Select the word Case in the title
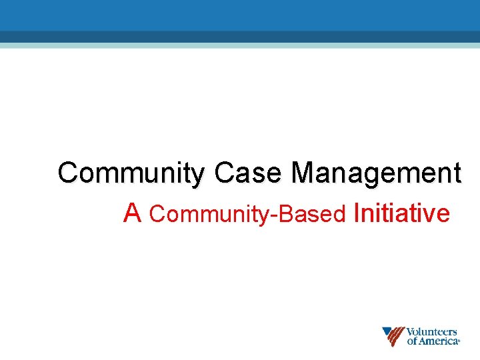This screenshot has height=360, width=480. click(x=249, y=173)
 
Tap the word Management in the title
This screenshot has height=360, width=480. click(x=375, y=173)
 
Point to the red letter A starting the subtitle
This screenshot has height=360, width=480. click(x=133, y=213)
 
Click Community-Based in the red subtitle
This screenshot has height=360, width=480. click(x=247, y=214)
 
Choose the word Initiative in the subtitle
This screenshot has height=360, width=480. click(x=402, y=213)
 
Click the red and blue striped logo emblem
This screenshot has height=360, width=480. click(x=393, y=337)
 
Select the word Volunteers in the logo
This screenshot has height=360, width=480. click(x=431, y=331)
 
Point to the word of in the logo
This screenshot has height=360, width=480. click(x=412, y=341)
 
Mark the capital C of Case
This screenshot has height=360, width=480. click(x=223, y=173)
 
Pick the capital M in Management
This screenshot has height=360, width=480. click(x=304, y=173)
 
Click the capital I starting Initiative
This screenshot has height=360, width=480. click(x=358, y=213)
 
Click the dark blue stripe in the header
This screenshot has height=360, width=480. click(x=240, y=37)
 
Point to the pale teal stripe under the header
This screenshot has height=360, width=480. click(x=240, y=45)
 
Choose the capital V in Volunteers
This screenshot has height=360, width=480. click(x=411, y=331)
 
